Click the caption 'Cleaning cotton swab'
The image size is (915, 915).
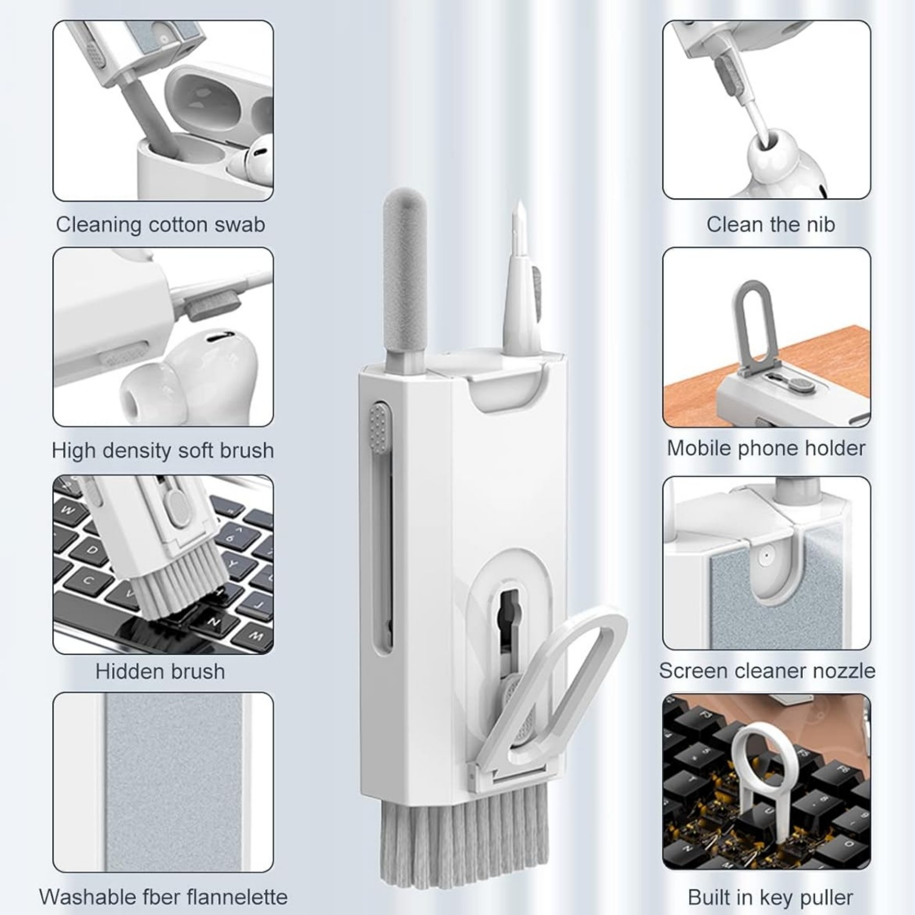(x=161, y=225)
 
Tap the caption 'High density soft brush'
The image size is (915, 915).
(x=163, y=450)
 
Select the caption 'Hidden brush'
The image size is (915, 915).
(x=160, y=672)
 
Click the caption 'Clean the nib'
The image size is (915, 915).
(x=770, y=225)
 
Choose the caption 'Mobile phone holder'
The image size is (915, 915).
(x=766, y=448)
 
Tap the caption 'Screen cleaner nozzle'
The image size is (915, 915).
(x=767, y=671)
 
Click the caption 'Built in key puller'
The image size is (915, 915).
(x=770, y=897)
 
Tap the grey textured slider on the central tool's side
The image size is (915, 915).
(x=380, y=429)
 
